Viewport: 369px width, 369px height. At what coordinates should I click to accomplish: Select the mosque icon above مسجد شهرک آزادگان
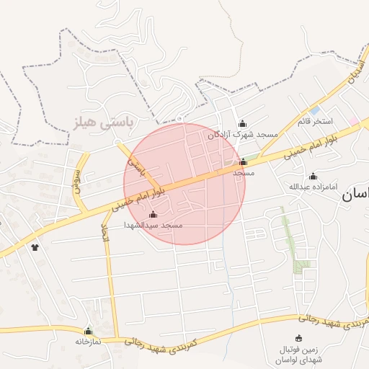pos(242,123)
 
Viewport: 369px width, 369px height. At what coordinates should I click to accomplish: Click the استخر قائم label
pos(315,121)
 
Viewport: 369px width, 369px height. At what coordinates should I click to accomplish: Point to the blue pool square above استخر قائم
pos(316,110)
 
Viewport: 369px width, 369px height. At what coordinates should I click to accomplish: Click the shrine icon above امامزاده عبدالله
pos(313,177)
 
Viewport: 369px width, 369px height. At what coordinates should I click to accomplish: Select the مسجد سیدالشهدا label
pos(154,226)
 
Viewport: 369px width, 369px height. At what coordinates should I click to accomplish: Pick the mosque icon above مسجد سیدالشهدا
pos(153,214)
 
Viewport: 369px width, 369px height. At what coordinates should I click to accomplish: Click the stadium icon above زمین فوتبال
pos(299,339)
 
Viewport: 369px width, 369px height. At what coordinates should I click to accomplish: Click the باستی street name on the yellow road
pos(136,167)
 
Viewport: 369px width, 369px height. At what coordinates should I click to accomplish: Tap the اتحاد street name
pos(105,241)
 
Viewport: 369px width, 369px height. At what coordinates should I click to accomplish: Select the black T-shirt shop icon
pos(34,247)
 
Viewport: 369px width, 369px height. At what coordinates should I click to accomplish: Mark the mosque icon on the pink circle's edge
pos(243,162)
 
